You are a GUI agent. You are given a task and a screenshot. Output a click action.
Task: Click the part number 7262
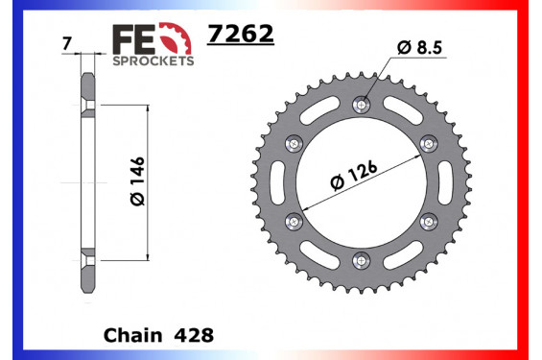[x=241, y=36]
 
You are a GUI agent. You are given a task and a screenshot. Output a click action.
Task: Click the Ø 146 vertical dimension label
[x=135, y=181]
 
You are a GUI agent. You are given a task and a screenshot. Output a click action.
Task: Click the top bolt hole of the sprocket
[x=361, y=105]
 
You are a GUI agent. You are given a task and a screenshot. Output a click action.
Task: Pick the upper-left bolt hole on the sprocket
[x=295, y=142]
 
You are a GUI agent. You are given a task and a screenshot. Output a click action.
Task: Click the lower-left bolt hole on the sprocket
[x=295, y=219]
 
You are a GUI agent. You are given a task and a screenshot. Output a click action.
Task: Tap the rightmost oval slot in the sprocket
[x=444, y=180]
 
